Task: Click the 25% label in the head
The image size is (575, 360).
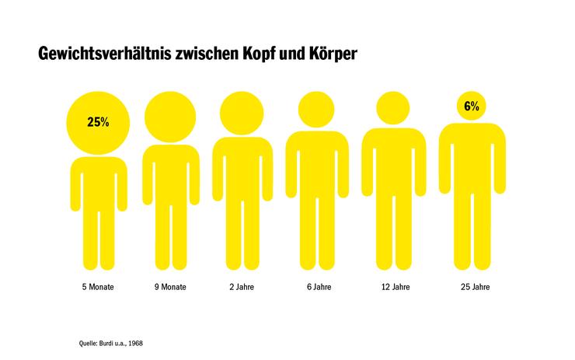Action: pyautogui.click(x=98, y=122)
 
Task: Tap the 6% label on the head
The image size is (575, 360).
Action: pyautogui.click(x=472, y=107)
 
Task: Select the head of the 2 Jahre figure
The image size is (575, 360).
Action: pyautogui.click(x=242, y=113)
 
